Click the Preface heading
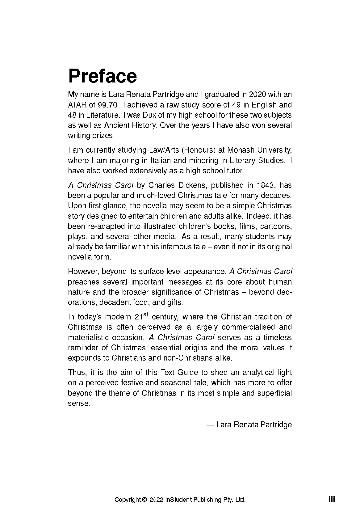click(102, 76)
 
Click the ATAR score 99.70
click(108, 105)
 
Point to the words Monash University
click(259, 150)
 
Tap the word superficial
click(274, 393)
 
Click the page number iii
click(332, 499)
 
